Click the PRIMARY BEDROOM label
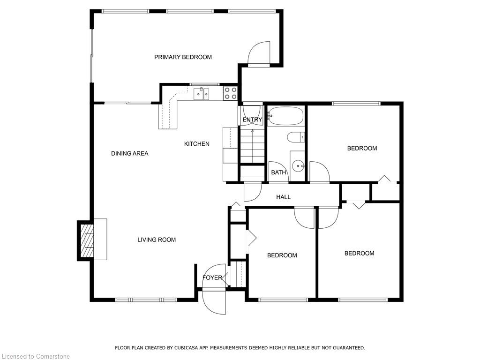pyautogui.click(x=183, y=57)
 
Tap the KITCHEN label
pyautogui.click(x=197, y=143)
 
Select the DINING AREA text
pyautogui.click(x=129, y=153)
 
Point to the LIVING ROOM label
pyautogui.click(x=157, y=240)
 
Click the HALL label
pyautogui.click(x=284, y=197)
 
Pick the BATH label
pyautogui.click(x=278, y=172)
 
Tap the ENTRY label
pyautogui.click(x=252, y=120)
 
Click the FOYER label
pyautogui.click(x=212, y=277)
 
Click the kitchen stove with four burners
pyautogui.click(x=230, y=93)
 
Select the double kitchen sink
pyautogui.click(x=202, y=94)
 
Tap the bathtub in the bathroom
pyautogui.click(x=285, y=116)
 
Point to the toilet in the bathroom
pyautogui.click(x=296, y=137)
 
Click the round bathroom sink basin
pyautogui.click(x=298, y=166)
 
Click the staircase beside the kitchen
pyautogui.click(x=252, y=146)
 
